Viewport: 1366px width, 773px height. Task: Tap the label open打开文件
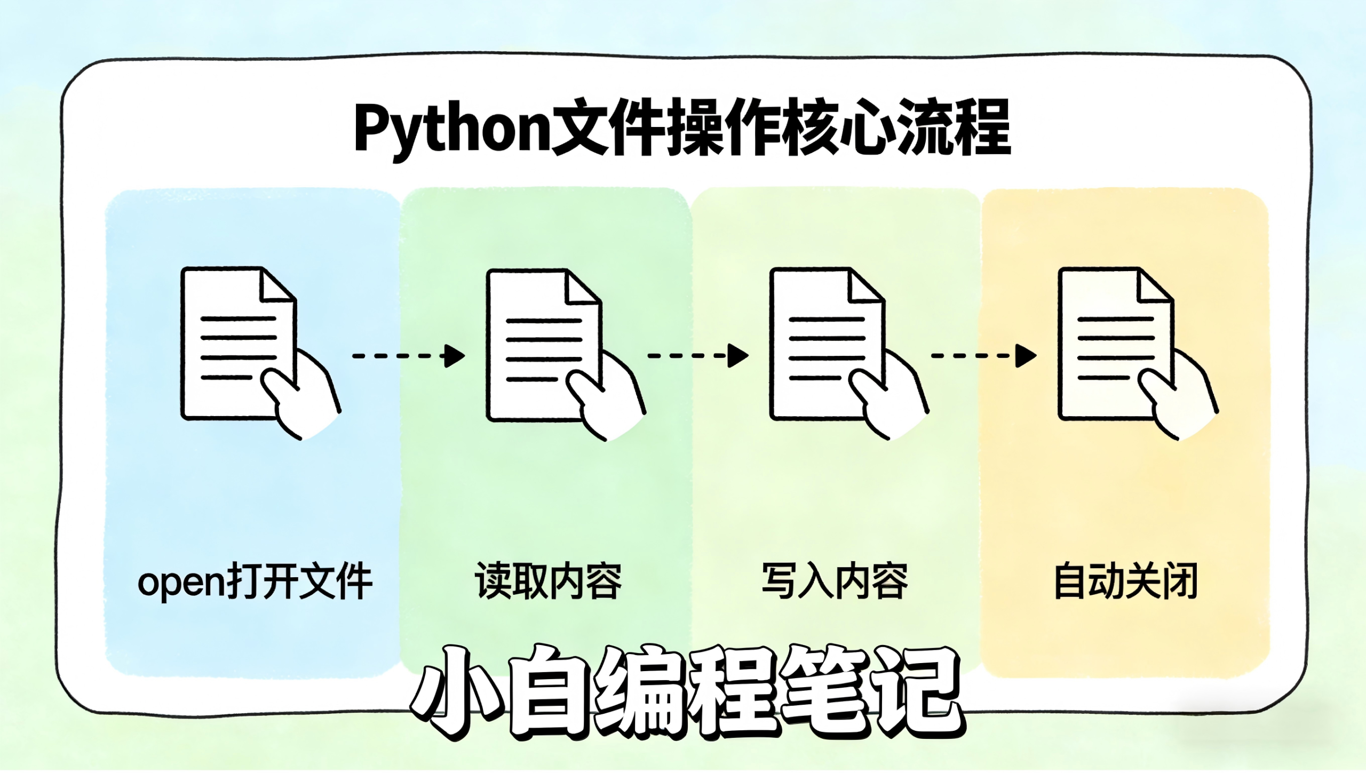point(255,581)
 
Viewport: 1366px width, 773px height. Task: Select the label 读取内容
point(549,581)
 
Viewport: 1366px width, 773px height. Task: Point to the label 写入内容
point(835,581)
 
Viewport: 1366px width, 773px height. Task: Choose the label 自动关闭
point(1126,581)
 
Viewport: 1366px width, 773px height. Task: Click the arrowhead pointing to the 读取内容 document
point(454,356)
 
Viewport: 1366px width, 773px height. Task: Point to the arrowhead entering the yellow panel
point(1025,356)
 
